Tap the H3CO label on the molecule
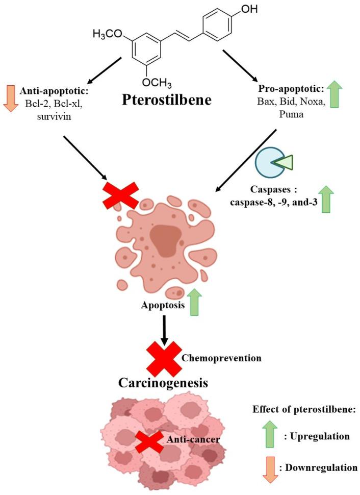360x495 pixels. click(108, 34)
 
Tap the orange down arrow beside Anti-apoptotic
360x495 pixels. click(9, 97)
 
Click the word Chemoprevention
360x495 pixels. click(221, 358)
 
